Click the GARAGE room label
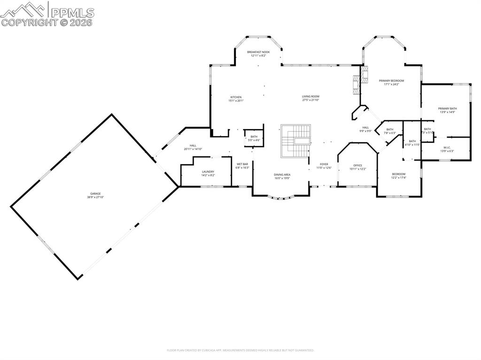96,193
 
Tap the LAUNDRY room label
208,172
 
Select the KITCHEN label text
236,97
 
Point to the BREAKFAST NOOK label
258,52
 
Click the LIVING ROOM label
310,97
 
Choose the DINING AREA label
282,175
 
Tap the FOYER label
324,164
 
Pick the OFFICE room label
357,165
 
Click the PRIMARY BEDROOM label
391,81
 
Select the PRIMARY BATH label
448,108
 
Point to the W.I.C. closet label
447,147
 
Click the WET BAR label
242,164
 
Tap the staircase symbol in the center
296,141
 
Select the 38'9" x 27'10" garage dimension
96,197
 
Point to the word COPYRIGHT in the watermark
30,22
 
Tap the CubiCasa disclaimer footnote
240,350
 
